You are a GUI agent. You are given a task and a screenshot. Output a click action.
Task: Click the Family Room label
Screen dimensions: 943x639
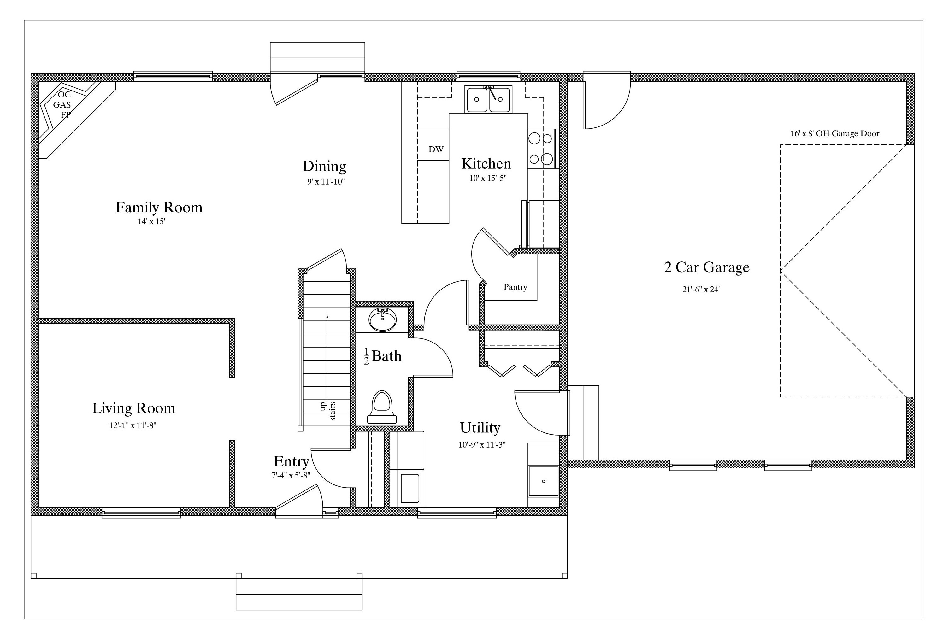click(x=159, y=207)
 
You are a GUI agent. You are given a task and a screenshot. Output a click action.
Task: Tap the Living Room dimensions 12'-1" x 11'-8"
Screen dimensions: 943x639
click(x=133, y=425)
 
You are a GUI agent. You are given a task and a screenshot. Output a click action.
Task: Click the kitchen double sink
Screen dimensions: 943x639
click(x=489, y=99)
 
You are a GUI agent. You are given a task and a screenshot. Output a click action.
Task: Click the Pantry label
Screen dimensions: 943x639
click(x=515, y=287)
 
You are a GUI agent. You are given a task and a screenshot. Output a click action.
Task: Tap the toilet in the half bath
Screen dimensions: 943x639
click(x=382, y=407)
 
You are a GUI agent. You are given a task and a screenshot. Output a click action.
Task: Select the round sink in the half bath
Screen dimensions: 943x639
click(x=383, y=320)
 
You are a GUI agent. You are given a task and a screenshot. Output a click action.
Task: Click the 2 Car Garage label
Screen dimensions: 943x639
click(x=706, y=267)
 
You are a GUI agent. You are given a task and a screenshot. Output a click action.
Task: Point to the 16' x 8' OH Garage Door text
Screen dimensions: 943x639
click(x=835, y=133)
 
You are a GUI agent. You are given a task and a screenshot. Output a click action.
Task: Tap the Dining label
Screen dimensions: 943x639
click(x=324, y=166)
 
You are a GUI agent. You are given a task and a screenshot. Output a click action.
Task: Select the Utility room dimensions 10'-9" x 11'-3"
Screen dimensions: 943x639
click(x=482, y=445)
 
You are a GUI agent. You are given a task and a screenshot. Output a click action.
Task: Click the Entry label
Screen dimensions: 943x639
click(x=291, y=461)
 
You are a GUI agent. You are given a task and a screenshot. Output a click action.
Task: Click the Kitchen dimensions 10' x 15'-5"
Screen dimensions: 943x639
click(x=488, y=178)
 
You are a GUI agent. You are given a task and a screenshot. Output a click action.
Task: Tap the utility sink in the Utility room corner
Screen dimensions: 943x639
click(x=543, y=481)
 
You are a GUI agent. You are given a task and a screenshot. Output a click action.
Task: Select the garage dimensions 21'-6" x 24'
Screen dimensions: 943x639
click(x=701, y=289)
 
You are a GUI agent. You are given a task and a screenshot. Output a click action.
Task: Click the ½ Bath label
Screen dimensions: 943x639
click(x=383, y=356)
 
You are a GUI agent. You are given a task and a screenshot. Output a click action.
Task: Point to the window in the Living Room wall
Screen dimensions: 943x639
click(x=141, y=513)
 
